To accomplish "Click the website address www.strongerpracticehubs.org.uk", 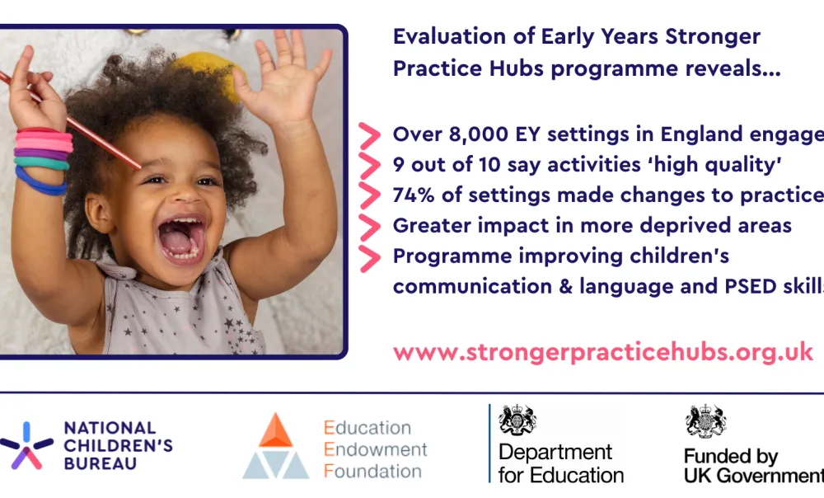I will click(602, 352).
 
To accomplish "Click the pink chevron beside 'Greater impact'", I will click(370, 226).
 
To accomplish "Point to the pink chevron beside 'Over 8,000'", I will click(370, 135).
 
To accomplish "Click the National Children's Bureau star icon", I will click(26, 446).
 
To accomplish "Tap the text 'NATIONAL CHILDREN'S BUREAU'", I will click(118, 446).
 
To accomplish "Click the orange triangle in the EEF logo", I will click(276, 430).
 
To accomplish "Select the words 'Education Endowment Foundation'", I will click(375, 449).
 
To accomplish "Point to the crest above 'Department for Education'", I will click(517, 420).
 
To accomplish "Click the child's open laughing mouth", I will click(181, 240).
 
